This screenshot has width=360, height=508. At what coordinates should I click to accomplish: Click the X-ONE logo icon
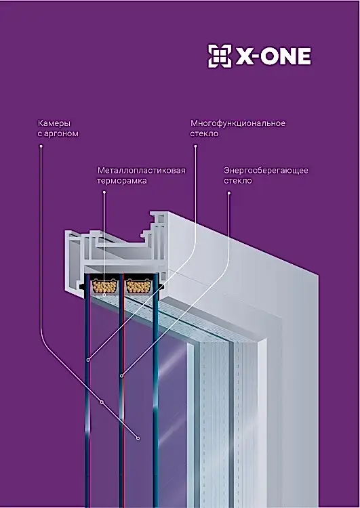point(220,56)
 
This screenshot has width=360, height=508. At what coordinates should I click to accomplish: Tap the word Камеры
point(54,123)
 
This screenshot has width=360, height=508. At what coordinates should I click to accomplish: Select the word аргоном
point(61,134)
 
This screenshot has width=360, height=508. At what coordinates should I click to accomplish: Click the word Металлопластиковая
point(142,171)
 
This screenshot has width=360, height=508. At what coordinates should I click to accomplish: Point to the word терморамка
point(122,181)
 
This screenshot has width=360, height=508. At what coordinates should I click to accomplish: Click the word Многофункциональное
point(238,123)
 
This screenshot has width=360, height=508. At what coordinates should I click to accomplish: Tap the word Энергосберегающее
point(266,171)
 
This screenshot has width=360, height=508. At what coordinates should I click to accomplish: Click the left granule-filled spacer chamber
point(104,286)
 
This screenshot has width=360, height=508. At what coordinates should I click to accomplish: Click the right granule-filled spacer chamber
point(140,286)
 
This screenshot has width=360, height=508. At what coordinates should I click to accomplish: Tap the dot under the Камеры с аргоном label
point(41,146)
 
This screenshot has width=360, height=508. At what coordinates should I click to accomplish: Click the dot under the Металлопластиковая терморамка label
point(104,192)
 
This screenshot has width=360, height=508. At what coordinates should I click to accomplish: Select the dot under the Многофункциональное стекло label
point(195,146)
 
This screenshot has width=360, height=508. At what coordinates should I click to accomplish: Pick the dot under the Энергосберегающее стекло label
point(228,193)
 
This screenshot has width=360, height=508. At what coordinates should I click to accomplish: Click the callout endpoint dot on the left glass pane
point(88,360)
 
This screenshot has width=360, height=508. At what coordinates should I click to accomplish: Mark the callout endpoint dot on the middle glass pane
point(121,376)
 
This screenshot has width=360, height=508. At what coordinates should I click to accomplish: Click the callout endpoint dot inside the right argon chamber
point(138,438)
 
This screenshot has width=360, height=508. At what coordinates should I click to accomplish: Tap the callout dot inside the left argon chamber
point(102,402)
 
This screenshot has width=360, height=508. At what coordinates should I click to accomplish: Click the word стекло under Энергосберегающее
point(238,181)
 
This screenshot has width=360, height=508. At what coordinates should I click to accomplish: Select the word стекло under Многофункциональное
point(204,134)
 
